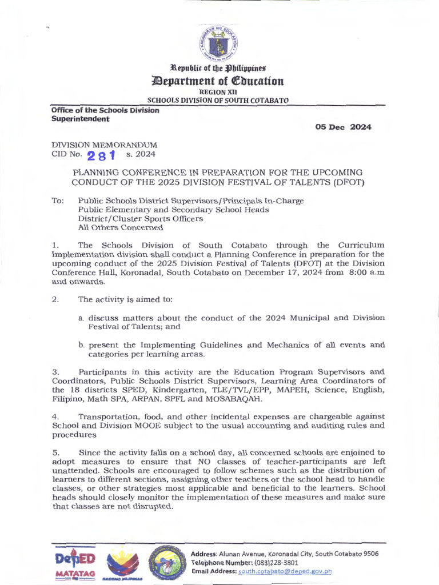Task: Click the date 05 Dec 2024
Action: click(343, 127)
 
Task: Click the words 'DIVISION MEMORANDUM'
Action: click(105, 145)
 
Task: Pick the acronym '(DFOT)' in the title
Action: click(366, 182)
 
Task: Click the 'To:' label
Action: click(58, 201)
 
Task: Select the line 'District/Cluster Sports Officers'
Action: click(140, 218)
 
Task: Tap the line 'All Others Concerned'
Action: click(121, 227)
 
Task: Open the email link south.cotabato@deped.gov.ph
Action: click(285, 571)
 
